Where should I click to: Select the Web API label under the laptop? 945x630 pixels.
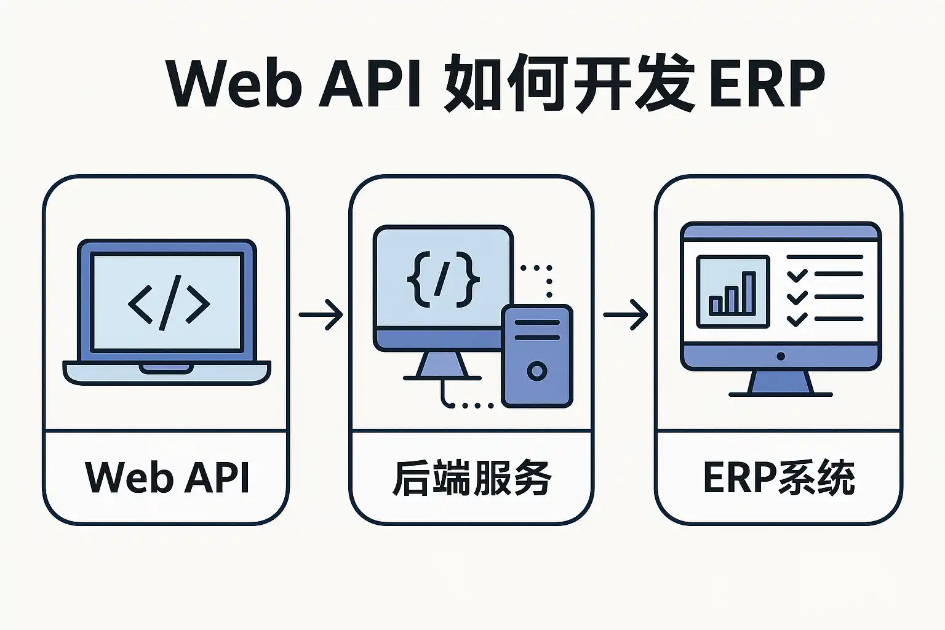pyautogui.click(x=167, y=477)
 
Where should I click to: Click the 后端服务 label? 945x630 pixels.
pyautogui.click(x=472, y=477)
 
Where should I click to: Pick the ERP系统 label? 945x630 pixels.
pyautogui.click(x=779, y=477)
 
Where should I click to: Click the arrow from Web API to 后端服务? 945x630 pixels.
pyautogui.click(x=321, y=315)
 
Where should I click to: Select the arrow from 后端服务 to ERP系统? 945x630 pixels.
pyautogui.click(x=625, y=315)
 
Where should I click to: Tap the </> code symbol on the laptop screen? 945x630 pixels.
pyautogui.click(x=169, y=303)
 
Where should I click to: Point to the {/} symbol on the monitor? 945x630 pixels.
pyautogui.click(x=443, y=279)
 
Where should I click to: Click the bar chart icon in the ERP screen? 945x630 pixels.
pyautogui.click(x=733, y=292)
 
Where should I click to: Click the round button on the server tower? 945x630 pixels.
pyautogui.click(x=537, y=371)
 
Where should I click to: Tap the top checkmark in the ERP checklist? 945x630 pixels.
pyautogui.click(x=797, y=275)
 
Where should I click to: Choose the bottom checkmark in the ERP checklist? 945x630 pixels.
pyautogui.click(x=797, y=319)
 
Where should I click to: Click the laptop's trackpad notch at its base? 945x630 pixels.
pyautogui.click(x=165, y=368)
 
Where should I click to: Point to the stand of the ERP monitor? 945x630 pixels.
pyautogui.click(x=781, y=383)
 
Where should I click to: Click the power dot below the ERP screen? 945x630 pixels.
pyautogui.click(x=781, y=356)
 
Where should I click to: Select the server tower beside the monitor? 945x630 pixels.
pyautogui.click(x=537, y=356)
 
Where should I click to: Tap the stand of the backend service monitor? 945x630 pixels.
pyautogui.click(x=442, y=365)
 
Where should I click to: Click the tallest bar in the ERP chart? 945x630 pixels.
pyautogui.click(x=749, y=293)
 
